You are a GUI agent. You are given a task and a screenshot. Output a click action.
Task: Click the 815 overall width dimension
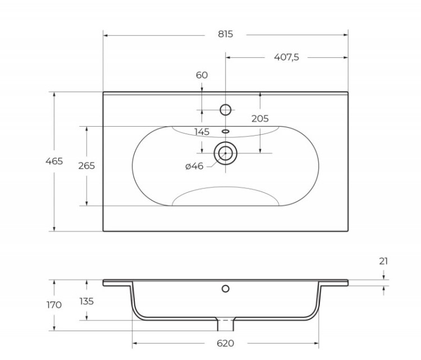pyautogui.click(x=225, y=34)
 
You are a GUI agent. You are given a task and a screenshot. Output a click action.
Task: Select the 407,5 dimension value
pyautogui.click(x=286, y=57)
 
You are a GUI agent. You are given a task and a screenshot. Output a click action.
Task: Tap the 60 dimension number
pyautogui.click(x=202, y=75)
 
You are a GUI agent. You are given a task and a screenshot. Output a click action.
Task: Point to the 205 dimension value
pyautogui.click(x=260, y=118)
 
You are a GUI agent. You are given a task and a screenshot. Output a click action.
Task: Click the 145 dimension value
pyautogui.click(x=202, y=132)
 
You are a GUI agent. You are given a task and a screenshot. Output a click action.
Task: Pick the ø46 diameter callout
pyautogui.click(x=194, y=166)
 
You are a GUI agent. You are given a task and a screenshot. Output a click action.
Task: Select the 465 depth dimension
pyautogui.click(x=54, y=161)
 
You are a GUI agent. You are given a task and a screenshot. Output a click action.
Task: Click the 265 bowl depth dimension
pyautogui.click(x=86, y=166)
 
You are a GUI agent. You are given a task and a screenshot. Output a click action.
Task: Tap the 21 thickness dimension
pyautogui.click(x=383, y=261)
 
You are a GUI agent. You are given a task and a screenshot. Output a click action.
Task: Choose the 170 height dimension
pyautogui.click(x=54, y=305)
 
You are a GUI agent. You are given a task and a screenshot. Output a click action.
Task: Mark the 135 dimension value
pyautogui.click(x=86, y=301)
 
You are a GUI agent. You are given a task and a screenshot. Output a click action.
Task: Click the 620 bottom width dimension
pyautogui.click(x=225, y=343)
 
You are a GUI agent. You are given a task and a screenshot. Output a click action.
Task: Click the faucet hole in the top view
pyautogui.click(x=226, y=110)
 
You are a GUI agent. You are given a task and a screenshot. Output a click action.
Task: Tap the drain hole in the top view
pyautogui.click(x=226, y=153)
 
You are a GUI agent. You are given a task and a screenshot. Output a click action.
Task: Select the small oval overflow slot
pyautogui.click(x=226, y=131)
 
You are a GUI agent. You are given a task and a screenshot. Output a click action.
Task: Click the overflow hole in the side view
pyautogui.click(x=226, y=289)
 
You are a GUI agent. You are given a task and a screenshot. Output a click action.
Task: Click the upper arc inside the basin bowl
pyautogui.click(x=226, y=135)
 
